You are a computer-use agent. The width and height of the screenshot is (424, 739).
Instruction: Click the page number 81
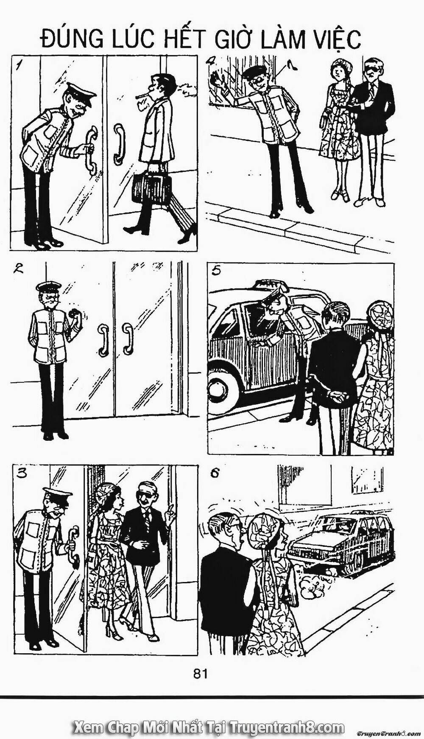coord(201,673)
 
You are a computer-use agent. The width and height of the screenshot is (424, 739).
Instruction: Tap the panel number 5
coord(216,271)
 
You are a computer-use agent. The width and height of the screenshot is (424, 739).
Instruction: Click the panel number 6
coord(215,473)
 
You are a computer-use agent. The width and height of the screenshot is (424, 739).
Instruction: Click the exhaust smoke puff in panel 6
coord(313,586)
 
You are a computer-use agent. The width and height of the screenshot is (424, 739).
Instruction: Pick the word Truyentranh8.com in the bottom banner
coord(287,717)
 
